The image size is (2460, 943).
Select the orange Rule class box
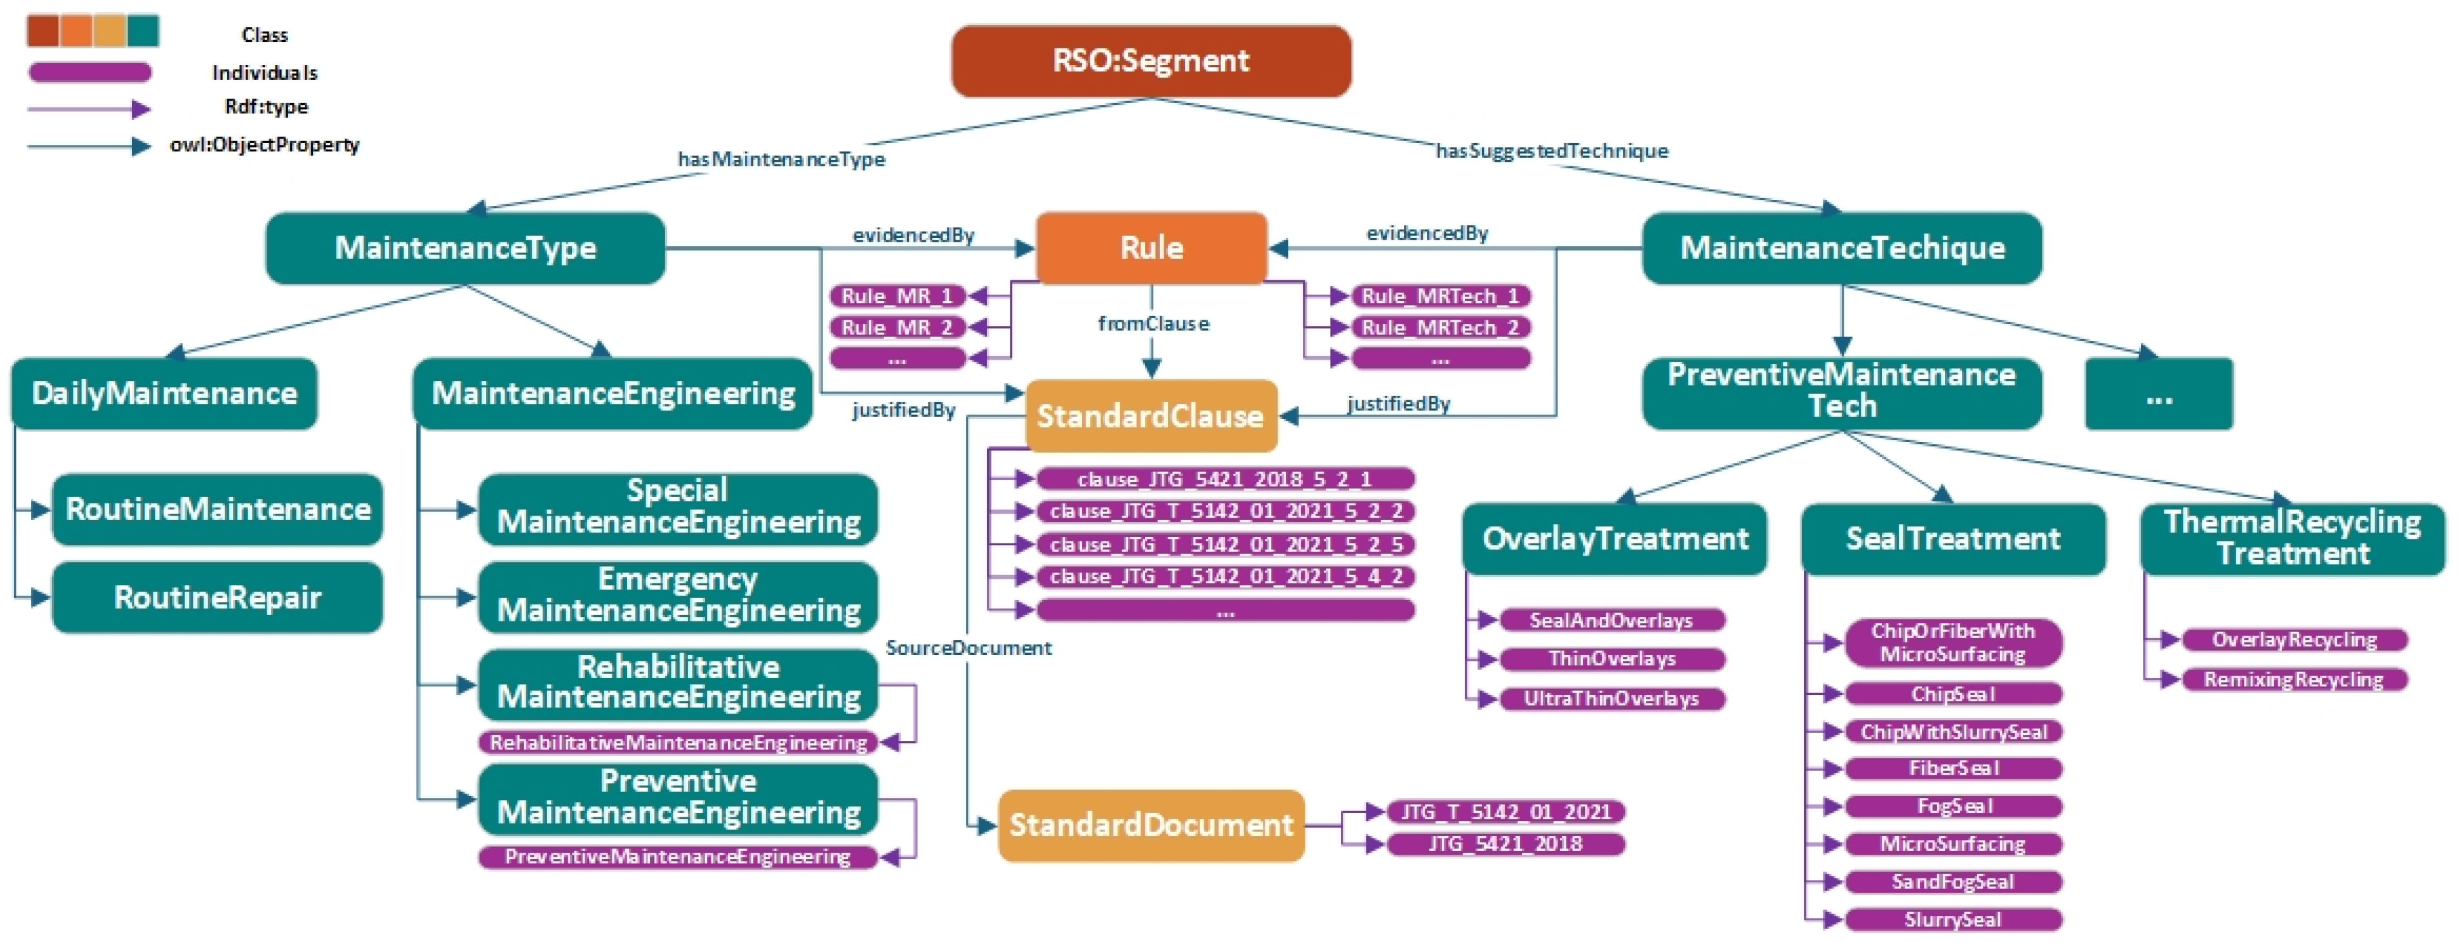1151,248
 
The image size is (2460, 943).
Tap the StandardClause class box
1151,416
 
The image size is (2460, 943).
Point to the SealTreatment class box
1953,540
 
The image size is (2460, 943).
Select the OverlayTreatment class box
1615,540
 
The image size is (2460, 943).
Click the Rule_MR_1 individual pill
898,297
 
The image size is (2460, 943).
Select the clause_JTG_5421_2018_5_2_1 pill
1225,479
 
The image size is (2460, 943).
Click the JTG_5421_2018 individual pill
1505,844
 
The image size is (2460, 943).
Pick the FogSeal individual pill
1954,806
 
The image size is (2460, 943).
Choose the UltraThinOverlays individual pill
1612,699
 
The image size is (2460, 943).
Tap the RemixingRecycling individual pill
2294,679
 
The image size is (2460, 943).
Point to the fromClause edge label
1153,324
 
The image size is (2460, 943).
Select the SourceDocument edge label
968,648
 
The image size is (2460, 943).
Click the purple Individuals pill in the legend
90,73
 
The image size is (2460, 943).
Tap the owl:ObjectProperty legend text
265,145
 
